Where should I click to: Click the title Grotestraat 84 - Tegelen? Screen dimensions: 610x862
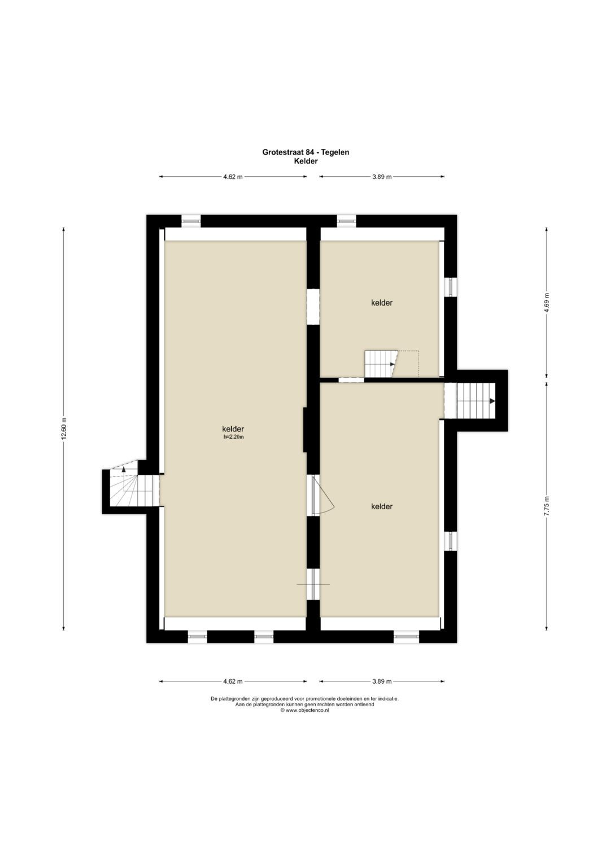(x=306, y=152)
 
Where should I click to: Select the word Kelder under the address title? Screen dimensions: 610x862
(x=306, y=161)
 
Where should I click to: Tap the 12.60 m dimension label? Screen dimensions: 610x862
(x=64, y=428)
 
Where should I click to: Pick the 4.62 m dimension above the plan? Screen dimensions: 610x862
(x=233, y=177)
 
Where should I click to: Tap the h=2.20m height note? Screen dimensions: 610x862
(x=233, y=436)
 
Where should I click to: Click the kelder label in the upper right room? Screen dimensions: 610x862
(x=382, y=303)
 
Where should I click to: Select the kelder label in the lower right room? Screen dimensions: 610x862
(x=382, y=506)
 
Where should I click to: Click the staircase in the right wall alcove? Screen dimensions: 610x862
(x=476, y=401)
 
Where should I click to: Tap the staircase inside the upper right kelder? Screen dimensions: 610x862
(x=381, y=364)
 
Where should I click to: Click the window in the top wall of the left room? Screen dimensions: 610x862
(x=191, y=221)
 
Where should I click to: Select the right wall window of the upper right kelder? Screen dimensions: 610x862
(x=451, y=287)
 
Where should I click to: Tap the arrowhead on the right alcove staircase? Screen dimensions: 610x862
(x=492, y=401)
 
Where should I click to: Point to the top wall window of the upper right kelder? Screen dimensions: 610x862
(x=347, y=221)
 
